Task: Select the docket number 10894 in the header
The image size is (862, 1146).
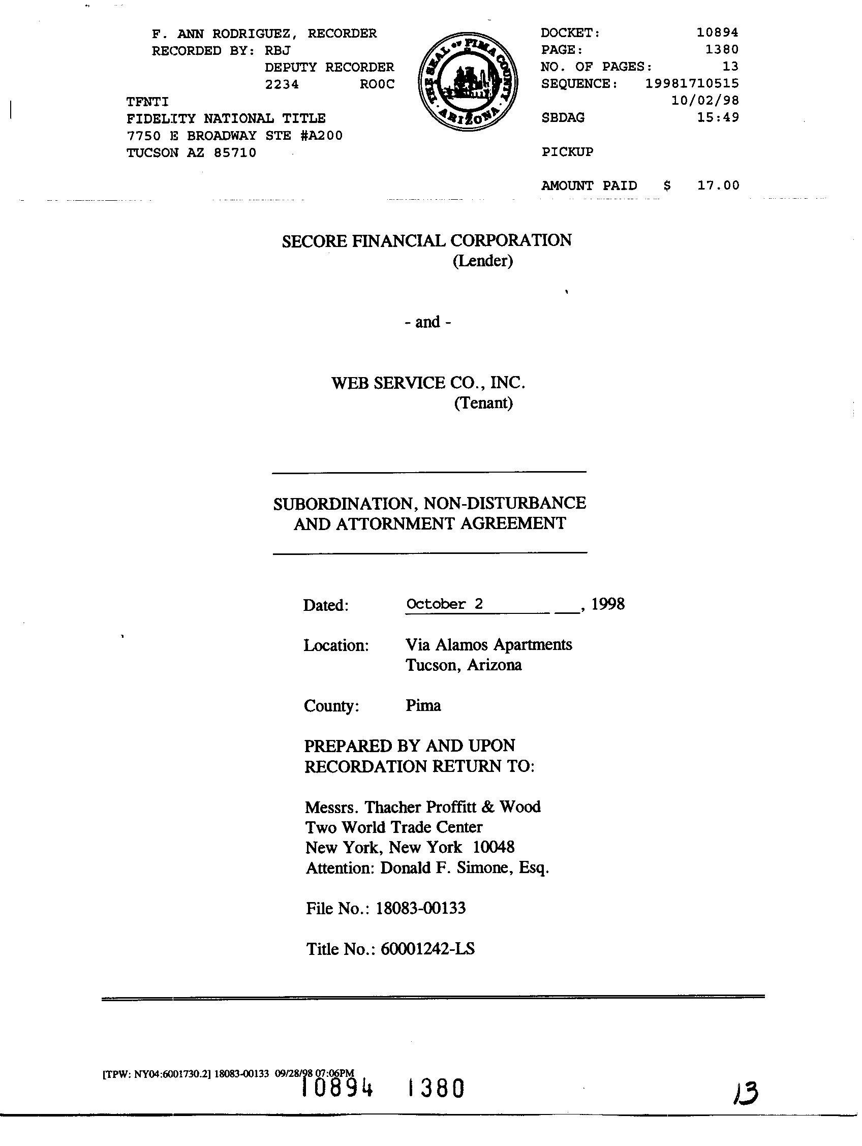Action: click(717, 33)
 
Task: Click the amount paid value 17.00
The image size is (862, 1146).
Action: click(718, 185)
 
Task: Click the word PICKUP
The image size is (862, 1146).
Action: click(567, 152)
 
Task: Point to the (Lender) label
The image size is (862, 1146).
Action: click(483, 261)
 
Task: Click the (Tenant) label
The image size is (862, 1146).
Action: click(483, 402)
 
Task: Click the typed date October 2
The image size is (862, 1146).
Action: click(444, 604)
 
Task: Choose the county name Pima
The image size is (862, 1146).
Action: click(423, 705)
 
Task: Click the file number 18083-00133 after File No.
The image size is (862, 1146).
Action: click(421, 908)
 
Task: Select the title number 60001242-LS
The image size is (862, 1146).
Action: click(427, 949)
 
